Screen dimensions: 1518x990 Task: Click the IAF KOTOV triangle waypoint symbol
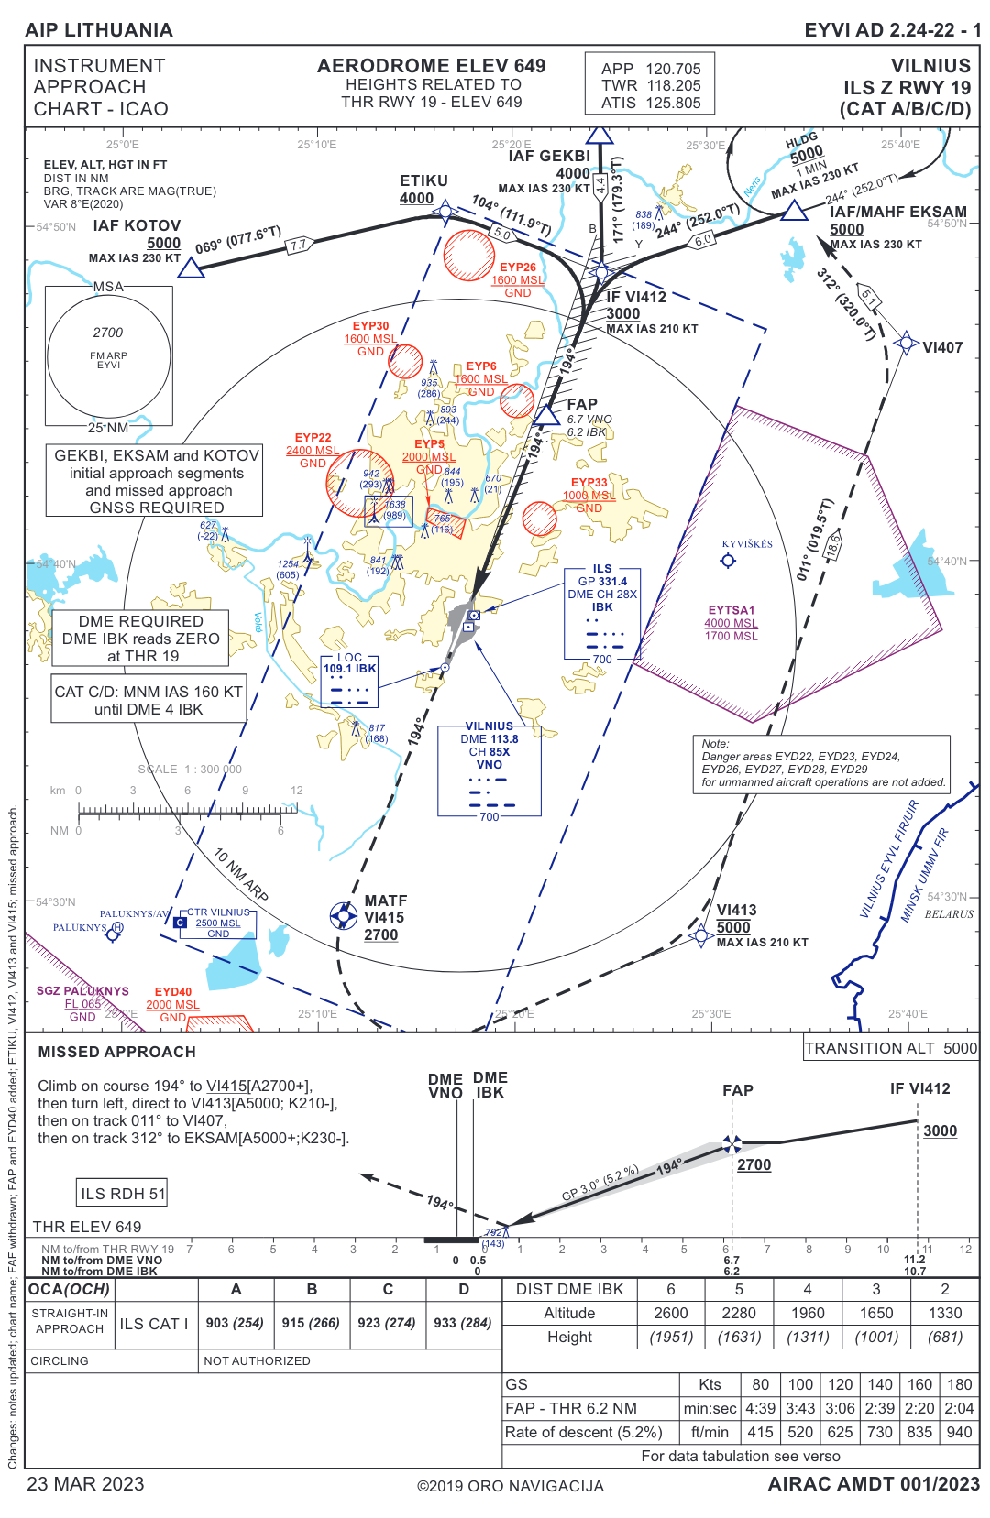click(x=191, y=268)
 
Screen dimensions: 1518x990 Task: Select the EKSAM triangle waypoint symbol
click(x=794, y=211)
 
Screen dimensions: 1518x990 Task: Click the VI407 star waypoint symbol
click(x=906, y=344)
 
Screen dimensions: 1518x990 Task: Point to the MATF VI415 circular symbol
click(x=344, y=914)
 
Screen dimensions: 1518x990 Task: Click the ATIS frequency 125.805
click(x=673, y=104)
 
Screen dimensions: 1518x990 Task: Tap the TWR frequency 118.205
click(x=673, y=86)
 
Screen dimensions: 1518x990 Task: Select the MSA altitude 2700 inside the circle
click(x=108, y=333)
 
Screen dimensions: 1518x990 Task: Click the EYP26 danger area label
click(x=518, y=268)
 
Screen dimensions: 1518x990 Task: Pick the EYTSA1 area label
click(x=731, y=610)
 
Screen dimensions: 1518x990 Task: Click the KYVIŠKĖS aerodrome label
click(x=747, y=544)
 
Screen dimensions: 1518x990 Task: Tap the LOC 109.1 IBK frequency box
click(x=350, y=669)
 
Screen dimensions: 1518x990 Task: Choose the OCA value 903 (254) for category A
click(x=235, y=1323)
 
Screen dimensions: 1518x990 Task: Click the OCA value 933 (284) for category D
click(x=463, y=1323)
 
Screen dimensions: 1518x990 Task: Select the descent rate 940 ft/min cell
click(x=959, y=1432)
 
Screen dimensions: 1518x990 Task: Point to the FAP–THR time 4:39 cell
click(x=760, y=1408)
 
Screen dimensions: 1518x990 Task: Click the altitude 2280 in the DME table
click(x=739, y=1313)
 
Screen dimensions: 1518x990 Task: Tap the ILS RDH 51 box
click(x=123, y=1194)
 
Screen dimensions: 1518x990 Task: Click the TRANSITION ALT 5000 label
click(x=890, y=1048)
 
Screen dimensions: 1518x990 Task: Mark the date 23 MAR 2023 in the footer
click(x=85, y=1484)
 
